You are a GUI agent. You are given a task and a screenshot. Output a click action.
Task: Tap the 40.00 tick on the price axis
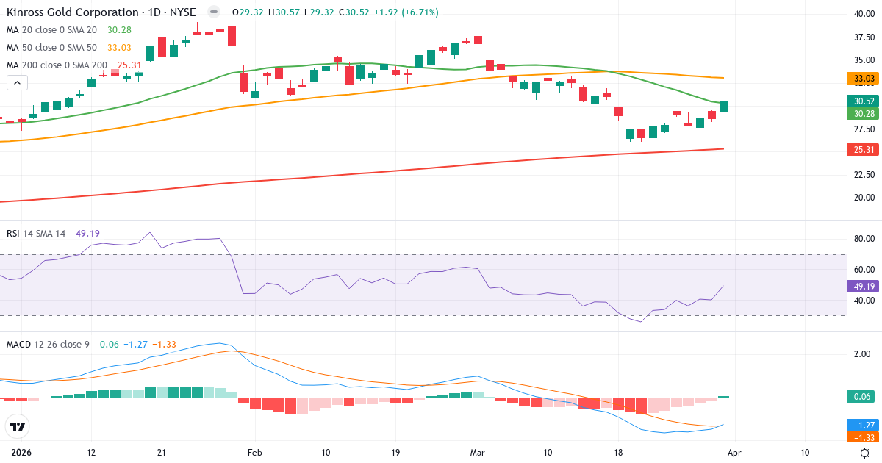863,14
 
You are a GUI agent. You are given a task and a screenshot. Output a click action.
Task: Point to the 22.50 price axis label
863,175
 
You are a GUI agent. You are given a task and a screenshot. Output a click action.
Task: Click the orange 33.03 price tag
863,78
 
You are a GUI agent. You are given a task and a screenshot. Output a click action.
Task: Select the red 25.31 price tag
863,149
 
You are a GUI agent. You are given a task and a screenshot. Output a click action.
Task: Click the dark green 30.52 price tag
863,101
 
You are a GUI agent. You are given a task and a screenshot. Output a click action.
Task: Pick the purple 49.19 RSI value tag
863,286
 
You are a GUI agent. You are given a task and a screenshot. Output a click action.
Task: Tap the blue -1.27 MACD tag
863,425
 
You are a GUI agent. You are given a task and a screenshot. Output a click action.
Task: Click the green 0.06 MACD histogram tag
863,397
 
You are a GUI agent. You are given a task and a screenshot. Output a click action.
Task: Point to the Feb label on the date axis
254,452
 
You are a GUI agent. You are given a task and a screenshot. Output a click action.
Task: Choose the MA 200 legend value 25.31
129,65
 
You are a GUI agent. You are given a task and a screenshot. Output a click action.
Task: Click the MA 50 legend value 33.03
119,48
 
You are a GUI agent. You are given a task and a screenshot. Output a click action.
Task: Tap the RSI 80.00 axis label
863,239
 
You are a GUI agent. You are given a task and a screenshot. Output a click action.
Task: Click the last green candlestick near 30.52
723,107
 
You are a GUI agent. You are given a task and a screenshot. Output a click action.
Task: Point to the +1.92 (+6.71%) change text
407,12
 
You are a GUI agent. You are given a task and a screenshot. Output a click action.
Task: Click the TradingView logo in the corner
17,426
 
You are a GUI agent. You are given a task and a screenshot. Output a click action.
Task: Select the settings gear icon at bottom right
865,453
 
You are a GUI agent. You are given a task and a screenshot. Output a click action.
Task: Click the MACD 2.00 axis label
863,354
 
